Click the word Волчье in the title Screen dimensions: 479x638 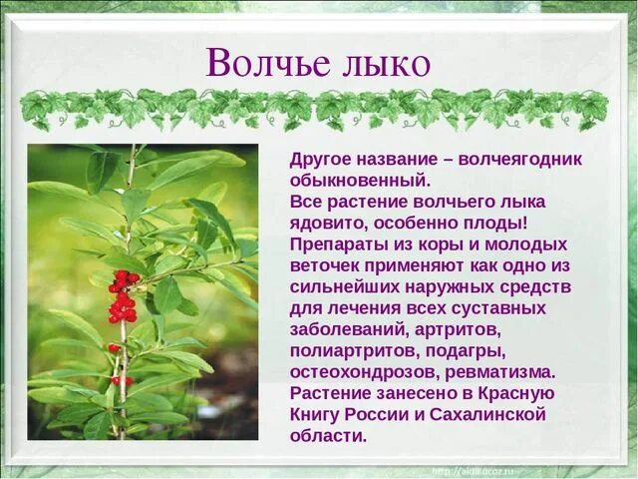click(x=262, y=63)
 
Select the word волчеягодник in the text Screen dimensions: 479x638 click(x=520, y=159)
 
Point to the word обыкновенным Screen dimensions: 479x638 click(x=360, y=181)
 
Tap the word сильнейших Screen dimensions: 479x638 click(x=352, y=286)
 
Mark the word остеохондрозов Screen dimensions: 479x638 click(x=369, y=372)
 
